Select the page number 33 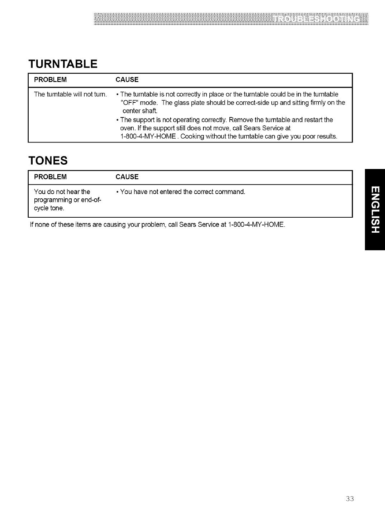coord(350,499)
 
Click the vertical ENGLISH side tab coord(374,209)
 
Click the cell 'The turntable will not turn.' coord(70,95)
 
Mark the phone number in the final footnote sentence coord(256,225)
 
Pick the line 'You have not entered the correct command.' coord(182,192)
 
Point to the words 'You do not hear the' coord(62,192)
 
